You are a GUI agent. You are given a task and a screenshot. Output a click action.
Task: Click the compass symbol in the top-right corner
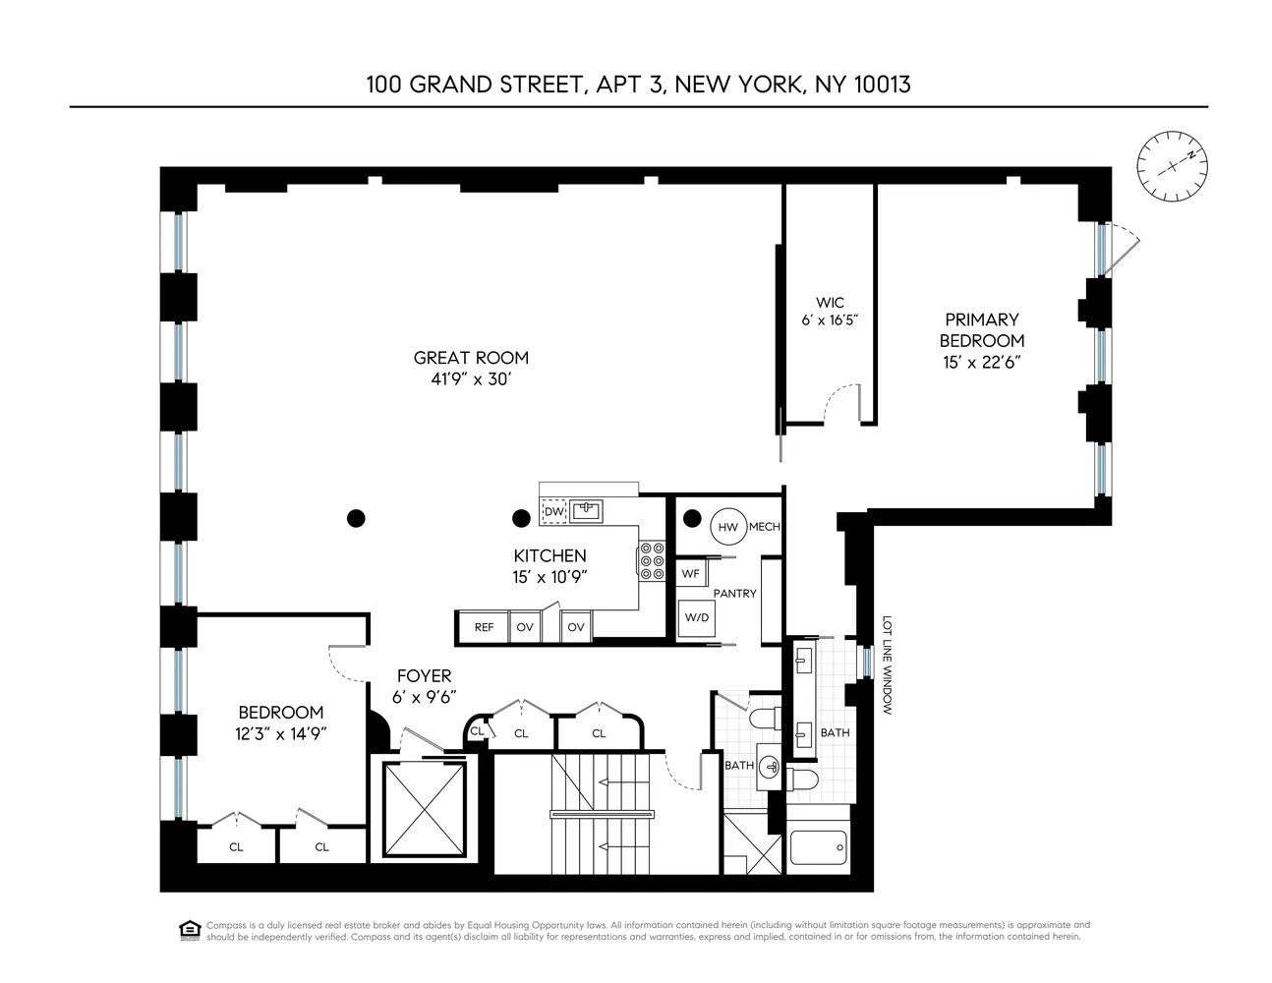1172,167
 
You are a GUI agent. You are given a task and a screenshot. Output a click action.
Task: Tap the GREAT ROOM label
471,358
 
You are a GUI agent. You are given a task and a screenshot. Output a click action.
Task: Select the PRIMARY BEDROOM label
981,330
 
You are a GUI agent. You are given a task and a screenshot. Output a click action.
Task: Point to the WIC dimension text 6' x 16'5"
830,319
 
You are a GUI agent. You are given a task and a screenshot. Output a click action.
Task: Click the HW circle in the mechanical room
728,527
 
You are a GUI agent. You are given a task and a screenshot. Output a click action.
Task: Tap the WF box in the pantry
690,573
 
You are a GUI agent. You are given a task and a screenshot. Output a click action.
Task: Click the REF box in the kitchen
484,627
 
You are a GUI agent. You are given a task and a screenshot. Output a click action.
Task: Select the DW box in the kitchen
553,512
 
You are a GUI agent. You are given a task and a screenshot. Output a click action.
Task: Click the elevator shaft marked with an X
422,811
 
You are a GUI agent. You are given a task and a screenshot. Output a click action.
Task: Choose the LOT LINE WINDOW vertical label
886,665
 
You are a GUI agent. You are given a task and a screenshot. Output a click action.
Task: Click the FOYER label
424,676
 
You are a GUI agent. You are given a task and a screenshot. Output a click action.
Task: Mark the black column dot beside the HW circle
691,518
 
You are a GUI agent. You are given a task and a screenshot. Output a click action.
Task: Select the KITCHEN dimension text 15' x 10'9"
550,577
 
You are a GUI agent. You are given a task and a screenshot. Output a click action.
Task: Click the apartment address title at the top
638,85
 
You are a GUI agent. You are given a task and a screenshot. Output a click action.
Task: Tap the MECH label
764,527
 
